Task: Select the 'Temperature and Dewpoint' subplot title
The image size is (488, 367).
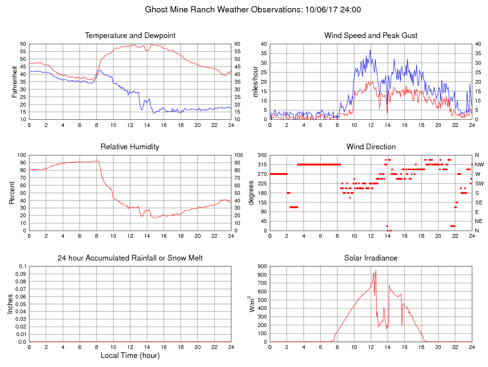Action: pos(130,36)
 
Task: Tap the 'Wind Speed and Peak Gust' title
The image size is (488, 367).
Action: pos(371,36)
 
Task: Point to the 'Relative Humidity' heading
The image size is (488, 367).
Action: pos(130,146)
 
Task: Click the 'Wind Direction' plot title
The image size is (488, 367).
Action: pos(371,146)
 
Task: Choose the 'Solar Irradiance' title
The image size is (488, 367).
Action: pos(371,258)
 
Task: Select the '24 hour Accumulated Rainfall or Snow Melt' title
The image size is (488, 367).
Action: pos(130,258)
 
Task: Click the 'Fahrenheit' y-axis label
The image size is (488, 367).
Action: pos(14,82)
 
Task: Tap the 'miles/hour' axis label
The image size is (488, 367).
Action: pos(256,82)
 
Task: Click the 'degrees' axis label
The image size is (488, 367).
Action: pos(251,193)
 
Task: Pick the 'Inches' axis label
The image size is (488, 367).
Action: pos(10,304)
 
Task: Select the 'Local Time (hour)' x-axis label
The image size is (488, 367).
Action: pos(130,355)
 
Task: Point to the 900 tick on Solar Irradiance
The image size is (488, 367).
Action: pos(262,266)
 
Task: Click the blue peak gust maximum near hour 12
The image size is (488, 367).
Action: pos(370,50)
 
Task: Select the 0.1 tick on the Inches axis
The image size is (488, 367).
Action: pos(23,266)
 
